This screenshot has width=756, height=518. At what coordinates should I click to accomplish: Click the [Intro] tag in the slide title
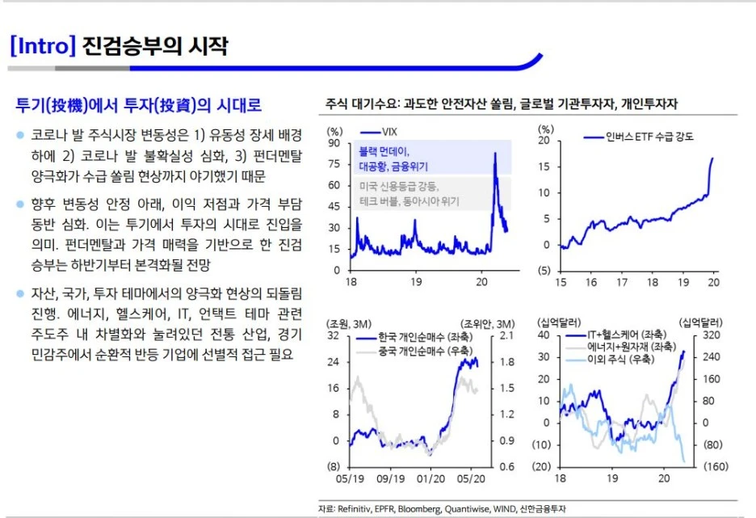(x=42, y=46)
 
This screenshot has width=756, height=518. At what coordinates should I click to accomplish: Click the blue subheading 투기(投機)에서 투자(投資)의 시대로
(x=139, y=106)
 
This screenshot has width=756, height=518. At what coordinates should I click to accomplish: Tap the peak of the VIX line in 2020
(x=494, y=154)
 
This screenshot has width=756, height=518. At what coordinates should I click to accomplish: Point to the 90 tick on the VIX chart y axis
(x=334, y=143)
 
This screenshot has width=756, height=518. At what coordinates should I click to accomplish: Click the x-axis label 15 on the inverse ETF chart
(x=561, y=283)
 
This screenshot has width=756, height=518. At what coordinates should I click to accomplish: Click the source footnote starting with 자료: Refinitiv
(x=442, y=508)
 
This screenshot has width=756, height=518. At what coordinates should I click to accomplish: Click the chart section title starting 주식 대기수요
(x=501, y=104)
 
